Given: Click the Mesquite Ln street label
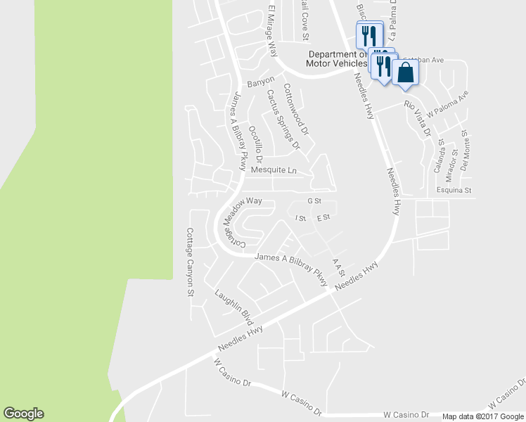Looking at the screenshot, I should (x=274, y=170).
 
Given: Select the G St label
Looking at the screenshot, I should (x=314, y=200).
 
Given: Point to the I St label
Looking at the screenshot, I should (x=300, y=218).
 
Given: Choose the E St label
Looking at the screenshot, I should (x=323, y=218).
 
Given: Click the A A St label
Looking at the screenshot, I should (x=340, y=267).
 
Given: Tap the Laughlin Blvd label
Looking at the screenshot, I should (x=234, y=307).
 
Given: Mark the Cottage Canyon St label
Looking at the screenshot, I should (x=189, y=262).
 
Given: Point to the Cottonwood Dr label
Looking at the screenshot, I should (x=297, y=109).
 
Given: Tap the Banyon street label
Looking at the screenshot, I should (x=259, y=80).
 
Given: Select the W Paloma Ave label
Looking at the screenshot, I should (x=447, y=103).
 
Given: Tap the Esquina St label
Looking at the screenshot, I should (x=454, y=190).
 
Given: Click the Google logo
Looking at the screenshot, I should (x=23, y=414).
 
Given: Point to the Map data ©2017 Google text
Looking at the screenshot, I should (x=483, y=416).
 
